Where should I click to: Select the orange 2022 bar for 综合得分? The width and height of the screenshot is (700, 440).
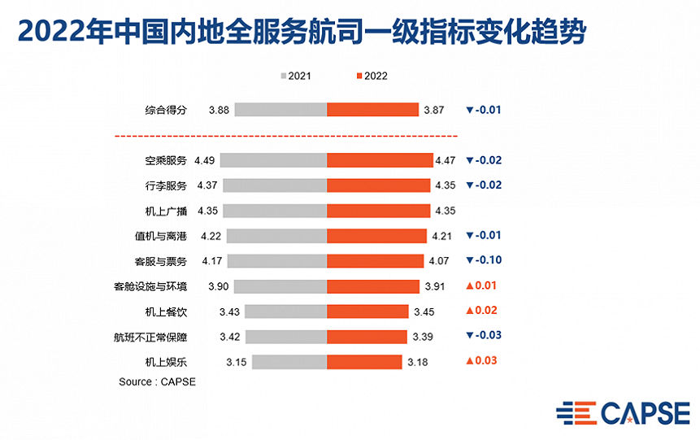point(372,110)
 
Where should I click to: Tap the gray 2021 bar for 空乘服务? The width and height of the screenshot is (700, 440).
point(273,160)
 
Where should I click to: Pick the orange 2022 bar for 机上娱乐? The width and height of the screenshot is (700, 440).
point(364,361)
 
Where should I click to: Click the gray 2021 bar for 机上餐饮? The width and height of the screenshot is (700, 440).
point(285,311)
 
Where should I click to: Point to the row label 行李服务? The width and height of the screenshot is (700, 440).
point(164,185)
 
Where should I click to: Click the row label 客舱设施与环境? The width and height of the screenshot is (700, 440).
point(150,286)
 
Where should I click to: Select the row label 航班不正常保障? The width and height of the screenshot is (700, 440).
point(150,336)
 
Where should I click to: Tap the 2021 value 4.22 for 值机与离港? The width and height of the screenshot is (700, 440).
point(210,236)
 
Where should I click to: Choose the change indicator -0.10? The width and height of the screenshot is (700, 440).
point(484,261)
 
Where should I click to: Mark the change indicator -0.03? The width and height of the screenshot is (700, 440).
point(484,336)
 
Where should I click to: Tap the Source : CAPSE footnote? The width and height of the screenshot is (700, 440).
point(157,381)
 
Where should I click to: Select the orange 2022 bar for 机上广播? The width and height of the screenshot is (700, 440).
point(378,211)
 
